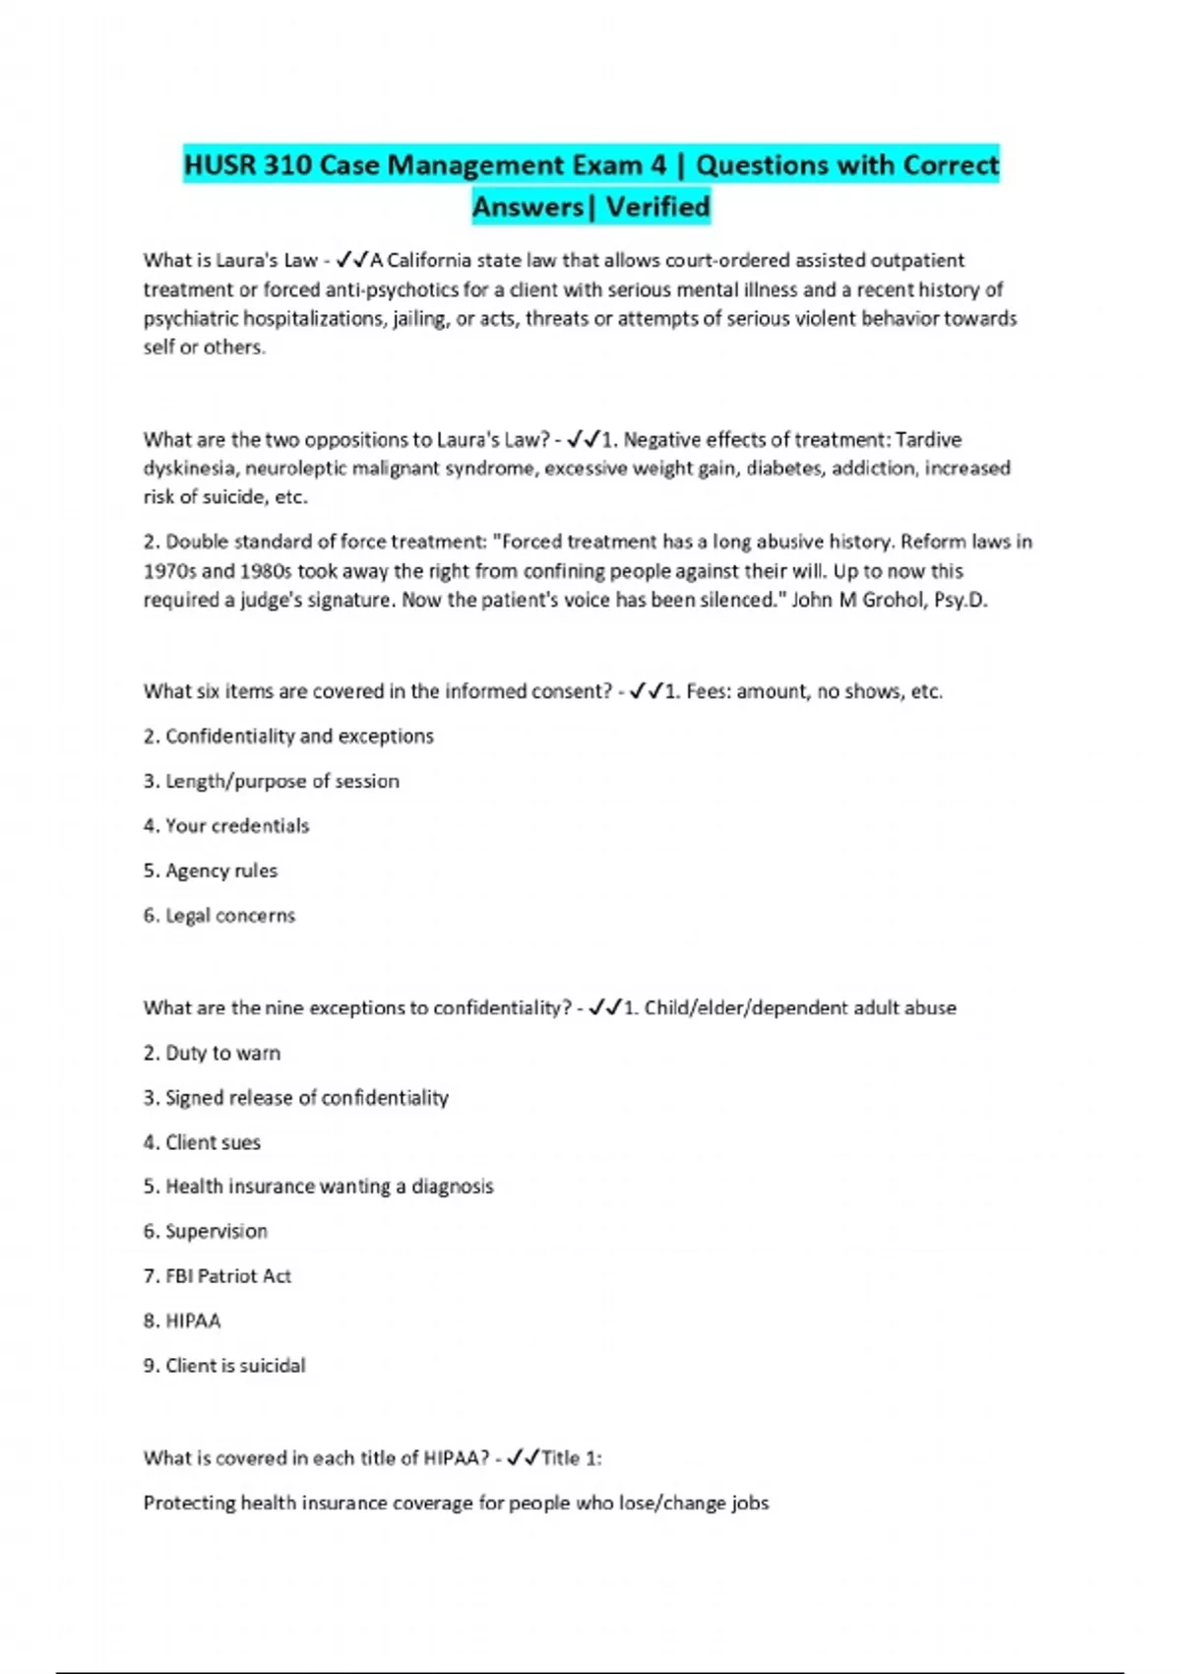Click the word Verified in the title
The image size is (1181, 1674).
[657, 207]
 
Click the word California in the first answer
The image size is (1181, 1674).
[429, 260]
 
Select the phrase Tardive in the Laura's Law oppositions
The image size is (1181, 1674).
[928, 439]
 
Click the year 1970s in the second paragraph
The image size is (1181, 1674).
[169, 571]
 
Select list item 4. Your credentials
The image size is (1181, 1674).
[226, 825]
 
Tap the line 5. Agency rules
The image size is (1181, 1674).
[211, 870]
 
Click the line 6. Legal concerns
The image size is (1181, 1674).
[219, 915]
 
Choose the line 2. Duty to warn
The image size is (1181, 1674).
[212, 1053]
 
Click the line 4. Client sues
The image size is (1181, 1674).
[202, 1142]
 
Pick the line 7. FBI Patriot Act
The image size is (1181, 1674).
[218, 1275]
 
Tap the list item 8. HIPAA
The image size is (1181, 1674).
[182, 1320]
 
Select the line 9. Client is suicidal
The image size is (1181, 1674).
[224, 1365]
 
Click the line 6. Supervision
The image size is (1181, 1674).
[206, 1231]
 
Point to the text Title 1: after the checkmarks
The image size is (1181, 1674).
[571, 1457]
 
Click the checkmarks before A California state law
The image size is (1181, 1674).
[351, 260]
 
